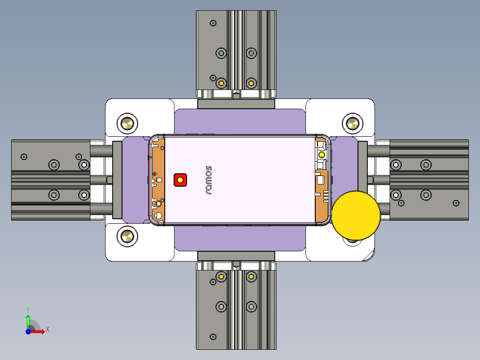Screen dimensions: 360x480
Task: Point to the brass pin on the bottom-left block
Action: point(127,236)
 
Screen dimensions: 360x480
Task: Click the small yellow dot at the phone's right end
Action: point(321,155)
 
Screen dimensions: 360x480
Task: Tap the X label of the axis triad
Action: point(48,329)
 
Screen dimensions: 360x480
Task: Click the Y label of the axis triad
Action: point(28,309)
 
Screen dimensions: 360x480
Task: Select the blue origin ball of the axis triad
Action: point(28,331)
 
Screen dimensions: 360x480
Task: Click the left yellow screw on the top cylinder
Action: point(221,83)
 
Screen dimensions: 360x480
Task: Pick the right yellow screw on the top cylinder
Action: point(252,83)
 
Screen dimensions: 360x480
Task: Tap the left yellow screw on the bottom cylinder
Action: point(221,277)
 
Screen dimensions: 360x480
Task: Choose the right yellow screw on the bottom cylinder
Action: point(252,277)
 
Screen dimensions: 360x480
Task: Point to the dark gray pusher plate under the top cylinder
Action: point(236,104)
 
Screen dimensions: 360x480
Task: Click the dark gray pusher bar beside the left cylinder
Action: point(117,180)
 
